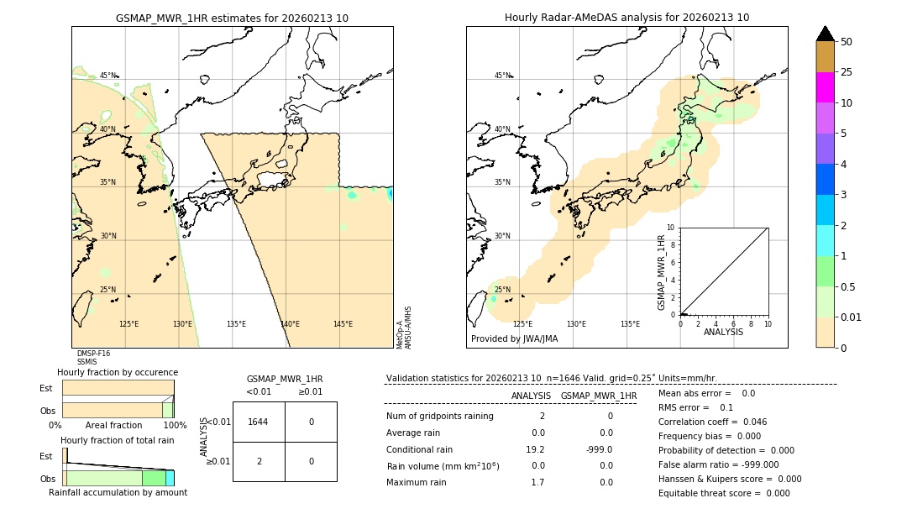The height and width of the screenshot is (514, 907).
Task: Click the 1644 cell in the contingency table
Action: [x=258, y=422]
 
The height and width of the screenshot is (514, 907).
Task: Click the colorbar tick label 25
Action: [x=847, y=72]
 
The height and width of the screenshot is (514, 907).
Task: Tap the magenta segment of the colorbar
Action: [x=825, y=87]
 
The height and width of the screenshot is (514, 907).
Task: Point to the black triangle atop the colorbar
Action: [x=825, y=34]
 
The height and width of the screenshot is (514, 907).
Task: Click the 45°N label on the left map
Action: [x=108, y=76]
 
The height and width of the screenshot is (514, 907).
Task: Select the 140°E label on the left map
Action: [x=290, y=324]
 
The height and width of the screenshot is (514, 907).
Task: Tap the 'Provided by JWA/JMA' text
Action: [x=514, y=339]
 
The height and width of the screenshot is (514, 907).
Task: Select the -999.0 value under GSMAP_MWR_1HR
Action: [x=599, y=449]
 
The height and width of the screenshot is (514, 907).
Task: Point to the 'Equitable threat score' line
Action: [x=724, y=493]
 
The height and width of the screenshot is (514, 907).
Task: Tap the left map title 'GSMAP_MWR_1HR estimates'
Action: [x=232, y=18]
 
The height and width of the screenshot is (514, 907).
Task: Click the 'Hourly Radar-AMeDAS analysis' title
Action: [x=627, y=18]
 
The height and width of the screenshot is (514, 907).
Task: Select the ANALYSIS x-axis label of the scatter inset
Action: [x=723, y=332]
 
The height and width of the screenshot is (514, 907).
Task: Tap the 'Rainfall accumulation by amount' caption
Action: [x=118, y=492]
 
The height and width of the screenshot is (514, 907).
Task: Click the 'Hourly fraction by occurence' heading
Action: [x=118, y=372]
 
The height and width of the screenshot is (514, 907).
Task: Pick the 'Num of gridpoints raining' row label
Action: [x=439, y=417]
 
